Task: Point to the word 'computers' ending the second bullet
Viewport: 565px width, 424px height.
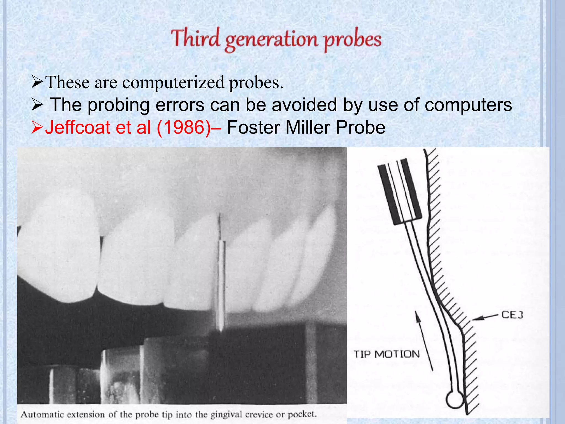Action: (468, 105)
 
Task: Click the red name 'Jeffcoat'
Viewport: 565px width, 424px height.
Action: (77, 128)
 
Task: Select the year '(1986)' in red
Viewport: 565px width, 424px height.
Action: (183, 128)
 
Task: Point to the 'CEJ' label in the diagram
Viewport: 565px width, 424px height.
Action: (512, 315)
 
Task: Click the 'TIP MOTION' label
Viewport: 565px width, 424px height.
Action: (387, 354)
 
